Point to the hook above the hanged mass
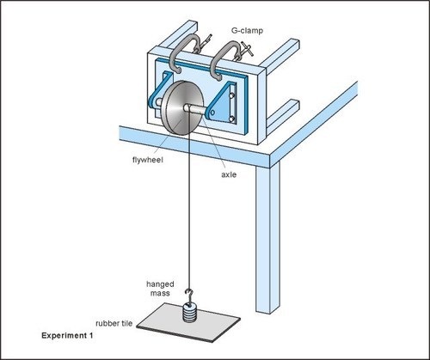coord(189,297)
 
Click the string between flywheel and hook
coord(181,215)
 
